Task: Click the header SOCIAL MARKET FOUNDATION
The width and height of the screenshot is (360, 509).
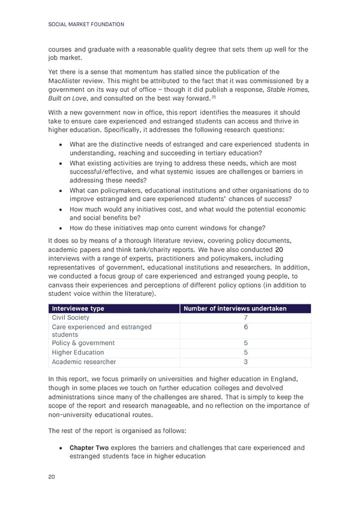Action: [86, 25]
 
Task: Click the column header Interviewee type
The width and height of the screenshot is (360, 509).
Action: [78, 309]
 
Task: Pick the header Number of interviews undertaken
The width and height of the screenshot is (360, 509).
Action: [235, 309]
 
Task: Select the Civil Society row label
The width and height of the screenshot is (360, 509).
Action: [70, 318]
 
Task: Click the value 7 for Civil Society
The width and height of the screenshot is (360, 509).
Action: [245, 318]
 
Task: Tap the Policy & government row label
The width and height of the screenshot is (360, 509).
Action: [83, 343]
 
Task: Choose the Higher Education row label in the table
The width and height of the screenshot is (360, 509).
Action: [78, 352]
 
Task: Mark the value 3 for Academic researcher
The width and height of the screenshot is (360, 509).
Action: [245, 362]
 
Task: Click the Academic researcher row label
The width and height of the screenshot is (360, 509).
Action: [84, 362]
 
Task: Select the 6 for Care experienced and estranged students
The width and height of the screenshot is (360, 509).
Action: [245, 327]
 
